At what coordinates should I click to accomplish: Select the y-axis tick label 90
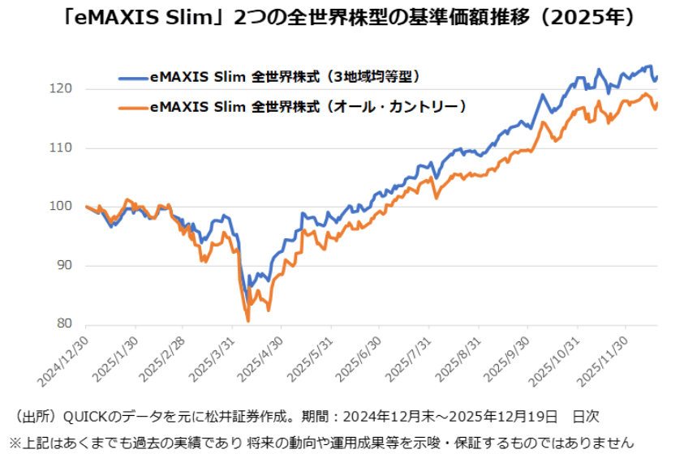pyautogui.click(x=65, y=266)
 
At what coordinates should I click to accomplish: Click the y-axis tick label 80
pyautogui.click(x=65, y=324)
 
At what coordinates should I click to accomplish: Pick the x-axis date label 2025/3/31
pyautogui.click(x=209, y=357)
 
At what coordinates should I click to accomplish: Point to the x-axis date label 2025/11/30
pyautogui.click(x=604, y=357)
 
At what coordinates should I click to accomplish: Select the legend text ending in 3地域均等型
pyautogui.click(x=288, y=78)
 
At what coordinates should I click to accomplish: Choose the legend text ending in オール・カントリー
pyautogui.click(x=308, y=106)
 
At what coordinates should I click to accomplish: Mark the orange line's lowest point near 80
pyautogui.click(x=247, y=321)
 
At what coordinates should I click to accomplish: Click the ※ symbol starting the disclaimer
pyautogui.click(x=15, y=443)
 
